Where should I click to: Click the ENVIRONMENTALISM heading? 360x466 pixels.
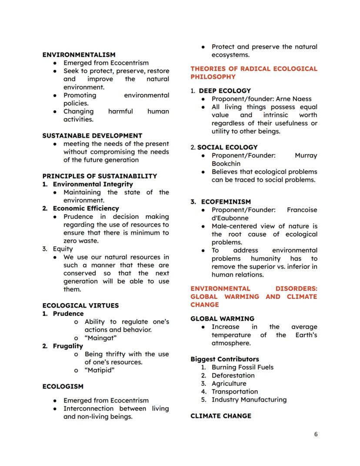click(x=79, y=55)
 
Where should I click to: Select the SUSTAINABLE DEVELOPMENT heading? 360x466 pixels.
click(x=92, y=136)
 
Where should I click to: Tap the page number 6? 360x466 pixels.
click(x=316, y=434)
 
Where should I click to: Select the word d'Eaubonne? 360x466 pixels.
click(x=230, y=218)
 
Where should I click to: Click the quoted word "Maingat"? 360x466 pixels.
click(x=100, y=338)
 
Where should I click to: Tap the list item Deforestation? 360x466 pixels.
click(x=233, y=375)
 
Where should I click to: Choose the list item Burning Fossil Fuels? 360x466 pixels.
click(x=243, y=367)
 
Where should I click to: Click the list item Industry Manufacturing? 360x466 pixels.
click(x=249, y=399)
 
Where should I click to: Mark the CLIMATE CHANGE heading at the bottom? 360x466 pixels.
click(x=220, y=416)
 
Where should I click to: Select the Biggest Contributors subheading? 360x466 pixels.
click(x=224, y=359)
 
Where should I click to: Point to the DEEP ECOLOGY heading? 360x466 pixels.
click(x=225, y=91)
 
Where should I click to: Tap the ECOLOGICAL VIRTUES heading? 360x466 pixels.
click(x=80, y=305)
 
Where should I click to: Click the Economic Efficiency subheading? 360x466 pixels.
click(x=86, y=208)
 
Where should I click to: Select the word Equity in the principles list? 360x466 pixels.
click(x=63, y=249)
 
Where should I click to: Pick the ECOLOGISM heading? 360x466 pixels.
click(x=63, y=386)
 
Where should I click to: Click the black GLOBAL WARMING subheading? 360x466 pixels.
click(x=222, y=318)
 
